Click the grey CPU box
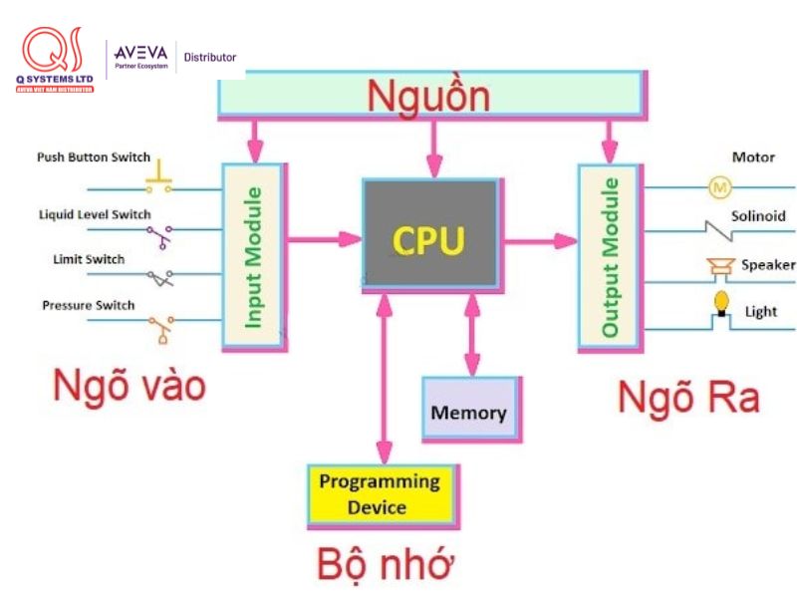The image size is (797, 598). pyautogui.click(x=429, y=236)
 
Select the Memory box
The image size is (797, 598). pyautogui.click(x=469, y=410)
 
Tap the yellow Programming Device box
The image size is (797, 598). pyautogui.click(x=379, y=493)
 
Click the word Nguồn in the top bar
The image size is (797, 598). pyautogui.click(x=428, y=97)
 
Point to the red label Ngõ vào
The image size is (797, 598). pyautogui.click(x=130, y=385)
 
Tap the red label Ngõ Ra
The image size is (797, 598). pyautogui.click(x=688, y=398)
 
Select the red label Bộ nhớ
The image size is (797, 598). pyautogui.click(x=386, y=564)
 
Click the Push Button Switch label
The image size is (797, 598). pyautogui.click(x=94, y=157)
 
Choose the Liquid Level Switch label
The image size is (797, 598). pyautogui.click(x=95, y=214)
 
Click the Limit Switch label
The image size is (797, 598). pyautogui.click(x=89, y=259)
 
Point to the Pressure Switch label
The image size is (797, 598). pyautogui.click(x=89, y=305)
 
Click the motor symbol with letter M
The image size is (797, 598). pyautogui.click(x=719, y=186)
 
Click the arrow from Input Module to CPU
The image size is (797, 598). pyautogui.click(x=324, y=239)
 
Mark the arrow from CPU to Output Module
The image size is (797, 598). pyautogui.click(x=538, y=239)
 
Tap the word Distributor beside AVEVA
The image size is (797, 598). pyautogui.click(x=209, y=57)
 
